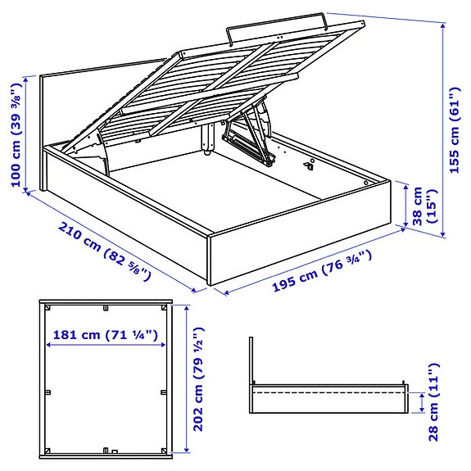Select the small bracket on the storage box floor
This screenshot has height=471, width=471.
(x=310, y=165)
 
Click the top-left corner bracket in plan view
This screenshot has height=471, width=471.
(x=49, y=309)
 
